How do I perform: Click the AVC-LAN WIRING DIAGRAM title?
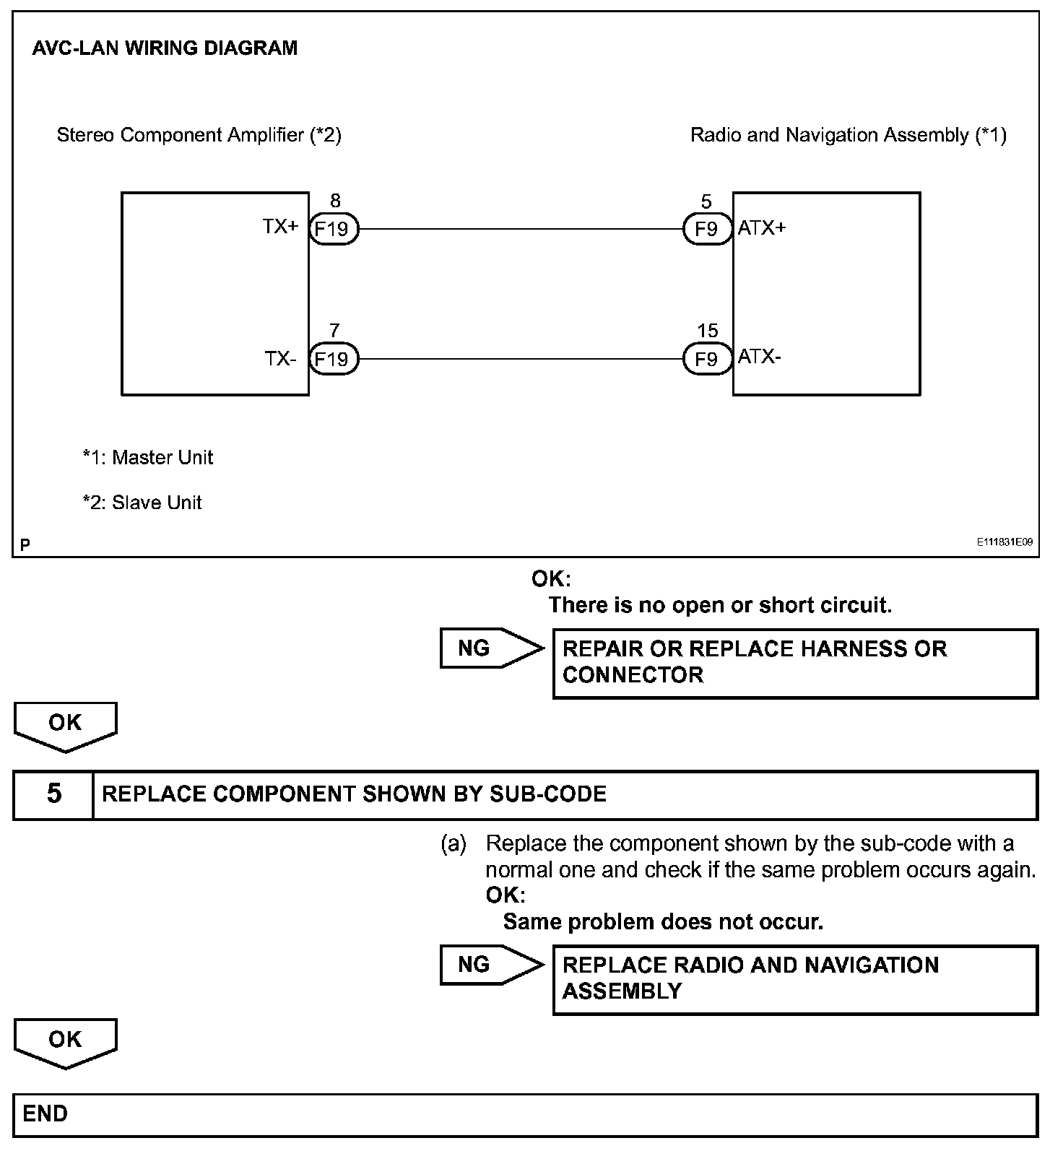[x=165, y=48]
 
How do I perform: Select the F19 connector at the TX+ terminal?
[x=333, y=230]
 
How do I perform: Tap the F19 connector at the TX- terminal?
[x=333, y=359]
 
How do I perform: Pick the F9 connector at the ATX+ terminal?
[x=706, y=230]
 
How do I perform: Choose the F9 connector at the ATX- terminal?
[x=706, y=359]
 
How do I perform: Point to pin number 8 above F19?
[x=334, y=201]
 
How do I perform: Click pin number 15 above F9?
[x=708, y=331]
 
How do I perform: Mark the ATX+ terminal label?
[x=762, y=228]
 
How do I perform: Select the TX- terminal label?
[x=280, y=358]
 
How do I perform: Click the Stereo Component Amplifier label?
[x=199, y=135]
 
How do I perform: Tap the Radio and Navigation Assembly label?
[x=848, y=135]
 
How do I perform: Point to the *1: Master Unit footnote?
[x=148, y=457]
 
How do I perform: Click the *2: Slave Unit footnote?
[x=142, y=503]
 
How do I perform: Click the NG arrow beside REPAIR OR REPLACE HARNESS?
[x=490, y=648]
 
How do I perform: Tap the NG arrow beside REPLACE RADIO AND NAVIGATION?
[x=490, y=965]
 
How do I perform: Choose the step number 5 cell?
[x=54, y=794]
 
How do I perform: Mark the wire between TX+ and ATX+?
[x=520, y=230]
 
